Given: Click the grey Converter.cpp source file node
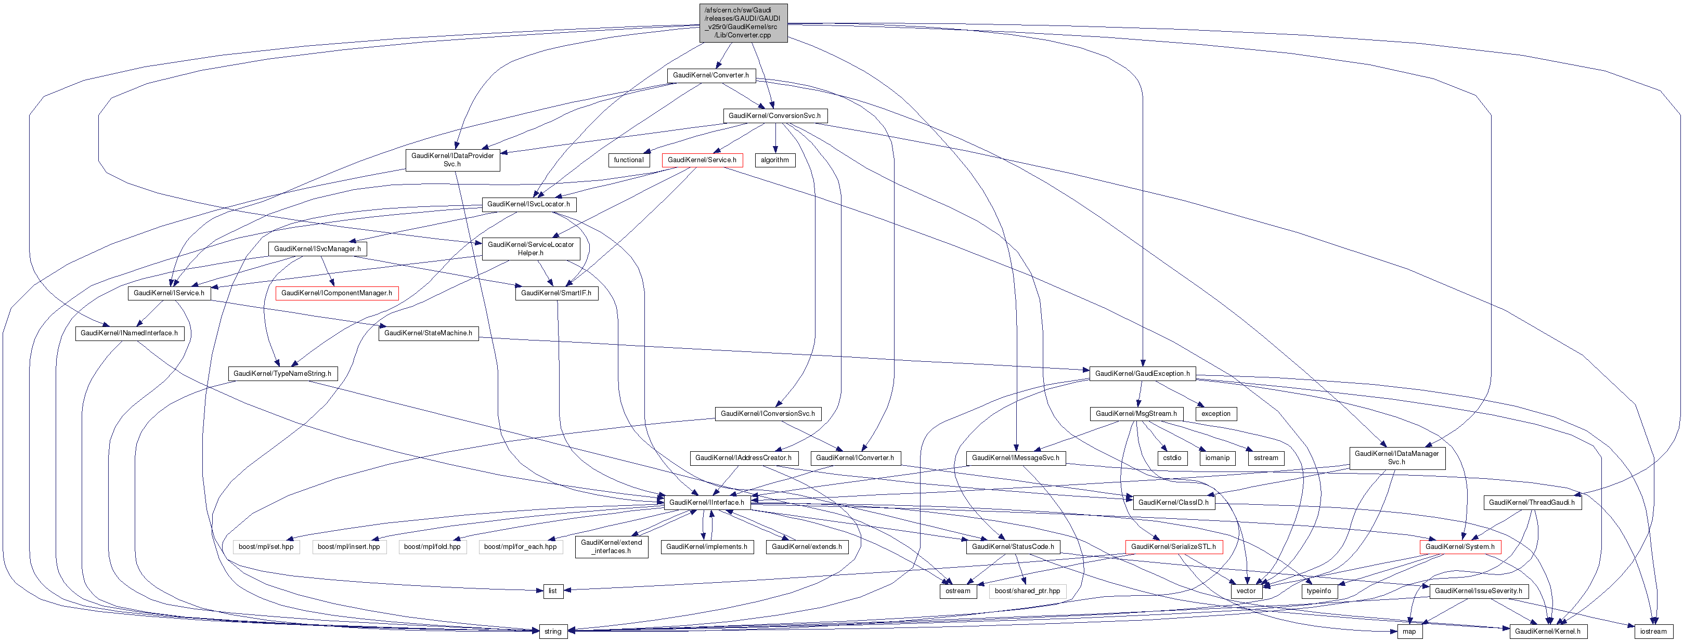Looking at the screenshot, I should [x=743, y=23].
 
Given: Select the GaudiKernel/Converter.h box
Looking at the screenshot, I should [x=711, y=75].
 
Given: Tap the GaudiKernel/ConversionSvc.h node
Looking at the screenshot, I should [x=774, y=115].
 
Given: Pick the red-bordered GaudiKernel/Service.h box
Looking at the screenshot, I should [x=702, y=160].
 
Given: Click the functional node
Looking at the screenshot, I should [x=628, y=160].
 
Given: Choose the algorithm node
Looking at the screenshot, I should [x=775, y=160].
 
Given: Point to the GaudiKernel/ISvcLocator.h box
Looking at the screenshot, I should [x=528, y=204].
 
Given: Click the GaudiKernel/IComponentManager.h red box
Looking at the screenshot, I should [x=336, y=293].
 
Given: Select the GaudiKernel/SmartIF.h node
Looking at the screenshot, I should [x=556, y=293].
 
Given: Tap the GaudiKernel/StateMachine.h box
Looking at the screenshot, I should [x=428, y=333].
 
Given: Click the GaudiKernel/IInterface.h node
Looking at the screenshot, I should [x=706, y=502].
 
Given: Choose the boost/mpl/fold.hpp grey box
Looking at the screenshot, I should [x=432, y=547].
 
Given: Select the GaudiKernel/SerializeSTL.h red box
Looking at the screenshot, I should [x=1173, y=547].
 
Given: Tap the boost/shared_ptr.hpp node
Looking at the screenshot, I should [x=1027, y=591].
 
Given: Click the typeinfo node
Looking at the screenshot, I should [x=1318, y=591].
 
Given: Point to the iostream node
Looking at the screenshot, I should [x=1653, y=632].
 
